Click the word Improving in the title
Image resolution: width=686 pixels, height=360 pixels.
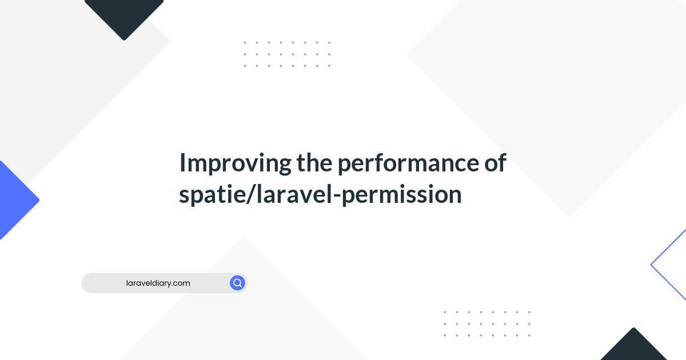[236, 164]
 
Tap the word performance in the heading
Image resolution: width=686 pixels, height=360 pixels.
[408, 163]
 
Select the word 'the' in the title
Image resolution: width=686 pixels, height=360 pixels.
[314, 162]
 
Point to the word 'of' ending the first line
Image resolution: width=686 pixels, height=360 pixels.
[495, 162]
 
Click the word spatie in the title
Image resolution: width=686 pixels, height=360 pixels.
[212, 195]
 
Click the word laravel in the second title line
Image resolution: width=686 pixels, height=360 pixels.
[294, 194]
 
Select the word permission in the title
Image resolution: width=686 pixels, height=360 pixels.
[401, 195]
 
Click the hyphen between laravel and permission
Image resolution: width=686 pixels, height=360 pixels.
[337, 195]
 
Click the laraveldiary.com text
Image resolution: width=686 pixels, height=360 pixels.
[158, 283]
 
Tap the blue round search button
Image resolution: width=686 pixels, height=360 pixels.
[237, 283]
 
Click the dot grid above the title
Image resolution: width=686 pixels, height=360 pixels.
[287, 54]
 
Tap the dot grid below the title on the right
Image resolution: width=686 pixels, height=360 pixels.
[487, 324]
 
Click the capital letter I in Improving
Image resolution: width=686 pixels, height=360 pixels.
[182, 162]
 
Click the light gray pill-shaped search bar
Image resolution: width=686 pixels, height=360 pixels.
[165, 283]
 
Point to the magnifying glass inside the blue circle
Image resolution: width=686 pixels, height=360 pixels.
[237, 283]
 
